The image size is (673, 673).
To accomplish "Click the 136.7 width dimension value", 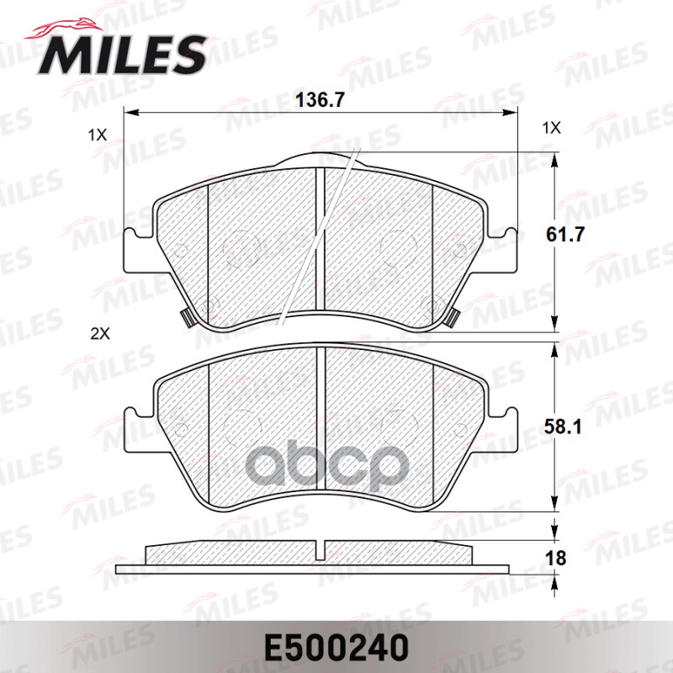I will (321, 99).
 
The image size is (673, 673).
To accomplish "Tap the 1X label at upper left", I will (98, 135).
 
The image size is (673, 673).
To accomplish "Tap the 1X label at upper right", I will (551, 128).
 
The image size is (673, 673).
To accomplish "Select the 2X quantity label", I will (100, 333).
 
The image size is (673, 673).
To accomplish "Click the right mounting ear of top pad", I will (505, 251).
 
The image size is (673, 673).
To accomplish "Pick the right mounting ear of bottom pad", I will (505, 430).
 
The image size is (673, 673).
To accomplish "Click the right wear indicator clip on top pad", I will (453, 318).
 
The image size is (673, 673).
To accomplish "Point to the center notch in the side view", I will (321, 550).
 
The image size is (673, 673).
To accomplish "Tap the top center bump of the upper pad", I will (321, 160).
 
